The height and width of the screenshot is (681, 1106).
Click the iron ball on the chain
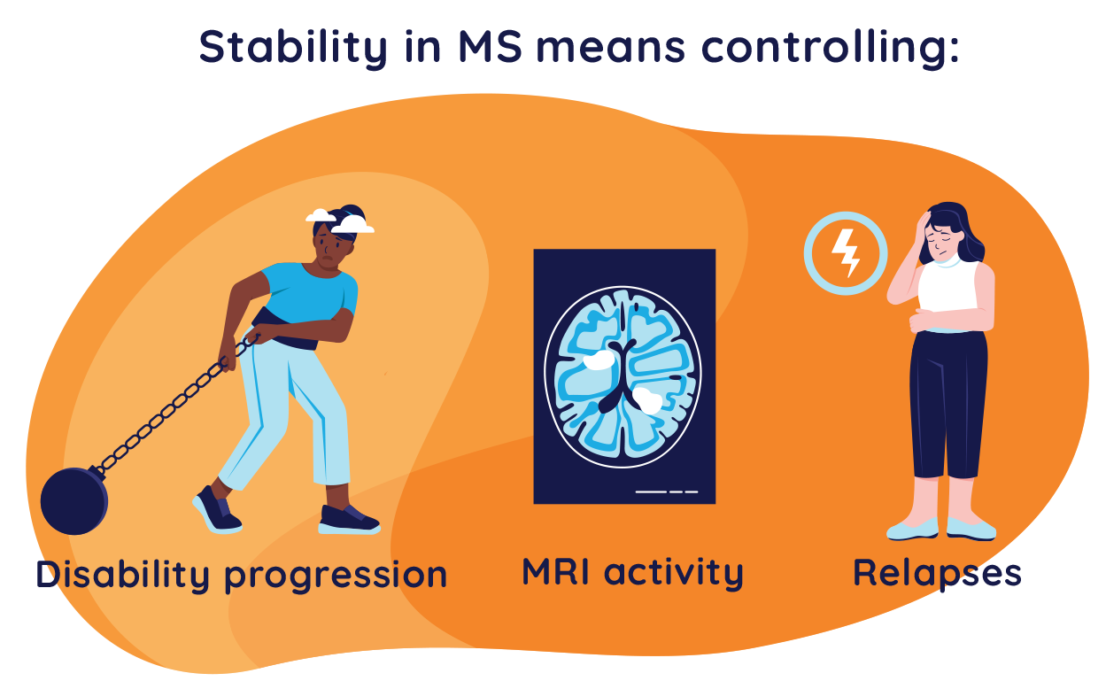pos(73,501)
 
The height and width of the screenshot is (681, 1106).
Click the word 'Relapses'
pos(937,573)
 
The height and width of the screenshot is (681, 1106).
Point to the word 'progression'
pos(336,577)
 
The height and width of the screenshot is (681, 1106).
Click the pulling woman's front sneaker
pos(348,519)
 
